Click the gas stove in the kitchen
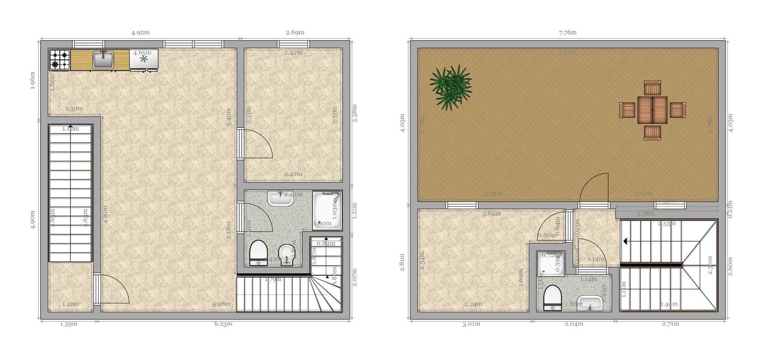point(60,60)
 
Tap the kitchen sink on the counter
point(103,60)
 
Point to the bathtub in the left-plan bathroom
point(327,210)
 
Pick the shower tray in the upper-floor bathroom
point(551,264)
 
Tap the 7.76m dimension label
point(567,33)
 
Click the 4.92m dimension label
point(140,33)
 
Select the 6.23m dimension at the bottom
point(223,324)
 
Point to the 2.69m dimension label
point(295,33)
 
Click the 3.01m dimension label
point(471,324)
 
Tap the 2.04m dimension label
point(574,324)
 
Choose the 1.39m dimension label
point(68,324)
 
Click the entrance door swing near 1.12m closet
point(113,289)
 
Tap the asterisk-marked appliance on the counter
point(144,60)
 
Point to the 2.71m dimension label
point(670,324)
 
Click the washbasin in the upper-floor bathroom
point(590,303)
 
